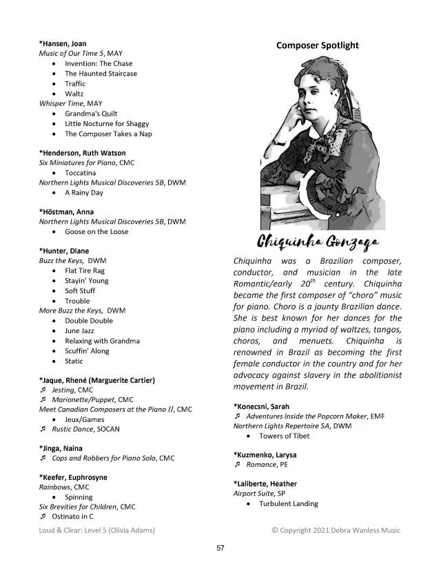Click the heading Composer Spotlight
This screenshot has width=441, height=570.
317,45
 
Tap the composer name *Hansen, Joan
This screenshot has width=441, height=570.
63,43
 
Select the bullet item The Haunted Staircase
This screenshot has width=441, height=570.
101,74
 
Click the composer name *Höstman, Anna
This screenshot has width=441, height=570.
66,212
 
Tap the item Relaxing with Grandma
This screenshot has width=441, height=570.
102,341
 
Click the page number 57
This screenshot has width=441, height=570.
220,548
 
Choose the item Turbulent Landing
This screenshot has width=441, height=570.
288,504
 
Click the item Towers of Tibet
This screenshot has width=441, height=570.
284,436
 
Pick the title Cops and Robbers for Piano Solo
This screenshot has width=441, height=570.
103,458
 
